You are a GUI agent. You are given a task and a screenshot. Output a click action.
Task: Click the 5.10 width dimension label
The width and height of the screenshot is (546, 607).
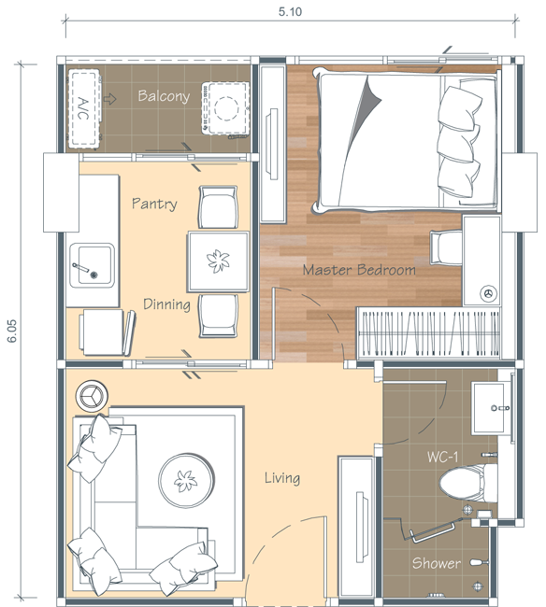point(290,11)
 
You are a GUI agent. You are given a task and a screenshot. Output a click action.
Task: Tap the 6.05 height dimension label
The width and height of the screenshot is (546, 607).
point(12,331)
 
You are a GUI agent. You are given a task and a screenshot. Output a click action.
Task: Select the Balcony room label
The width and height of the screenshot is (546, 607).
point(164,96)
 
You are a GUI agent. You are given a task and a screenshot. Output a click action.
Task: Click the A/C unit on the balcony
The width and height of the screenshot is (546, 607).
point(84,108)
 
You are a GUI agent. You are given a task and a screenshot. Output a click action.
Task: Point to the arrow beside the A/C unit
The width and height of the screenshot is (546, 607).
point(110,99)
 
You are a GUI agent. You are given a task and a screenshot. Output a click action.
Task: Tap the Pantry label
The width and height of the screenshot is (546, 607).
point(154,204)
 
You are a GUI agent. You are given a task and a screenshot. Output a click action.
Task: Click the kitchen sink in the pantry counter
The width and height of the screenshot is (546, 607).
point(92,265)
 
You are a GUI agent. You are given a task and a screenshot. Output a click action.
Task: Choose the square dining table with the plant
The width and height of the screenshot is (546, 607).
point(218,261)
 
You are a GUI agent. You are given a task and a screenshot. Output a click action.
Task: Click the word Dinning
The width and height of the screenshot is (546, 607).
point(166,304)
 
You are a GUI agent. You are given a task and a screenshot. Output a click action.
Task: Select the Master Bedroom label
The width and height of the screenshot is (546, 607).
point(359,270)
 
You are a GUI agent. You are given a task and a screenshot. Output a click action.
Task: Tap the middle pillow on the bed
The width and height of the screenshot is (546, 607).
point(459,143)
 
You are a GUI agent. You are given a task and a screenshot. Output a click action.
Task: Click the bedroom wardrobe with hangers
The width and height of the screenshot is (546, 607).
point(428,332)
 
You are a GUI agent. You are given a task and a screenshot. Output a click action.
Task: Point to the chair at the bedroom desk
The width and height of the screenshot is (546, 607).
point(446,247)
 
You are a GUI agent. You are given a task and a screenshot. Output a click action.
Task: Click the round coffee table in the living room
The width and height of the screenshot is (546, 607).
point(186,480)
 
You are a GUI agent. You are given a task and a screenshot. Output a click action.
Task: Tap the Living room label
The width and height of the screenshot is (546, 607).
point(282,478)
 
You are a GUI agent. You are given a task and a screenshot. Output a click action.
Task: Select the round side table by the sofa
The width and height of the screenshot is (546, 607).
point(92,396)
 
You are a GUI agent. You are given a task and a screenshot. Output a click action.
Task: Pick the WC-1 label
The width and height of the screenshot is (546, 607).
point(442,458)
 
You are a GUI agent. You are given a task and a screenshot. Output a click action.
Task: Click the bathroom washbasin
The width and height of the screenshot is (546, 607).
point(491,409)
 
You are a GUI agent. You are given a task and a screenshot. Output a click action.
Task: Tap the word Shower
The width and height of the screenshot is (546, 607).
point(437,563)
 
